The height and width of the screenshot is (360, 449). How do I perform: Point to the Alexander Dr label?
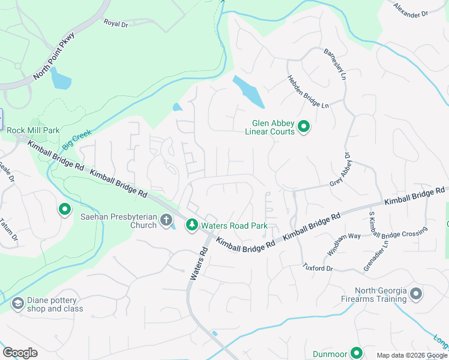(x=411, y=10)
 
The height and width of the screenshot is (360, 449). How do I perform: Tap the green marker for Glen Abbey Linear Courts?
(x=304, y=127)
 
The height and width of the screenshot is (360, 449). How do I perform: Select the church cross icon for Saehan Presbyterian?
(x=166, y=220)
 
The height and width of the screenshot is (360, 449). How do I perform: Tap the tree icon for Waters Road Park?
(x=192, y=225)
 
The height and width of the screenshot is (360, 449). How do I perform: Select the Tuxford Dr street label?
(x=318, y=267)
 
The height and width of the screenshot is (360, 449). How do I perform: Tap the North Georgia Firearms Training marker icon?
(x=416, y=294)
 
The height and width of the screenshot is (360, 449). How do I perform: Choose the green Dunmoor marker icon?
(x=356, y=353)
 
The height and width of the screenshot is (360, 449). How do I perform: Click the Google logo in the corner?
(x=20, y=353)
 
